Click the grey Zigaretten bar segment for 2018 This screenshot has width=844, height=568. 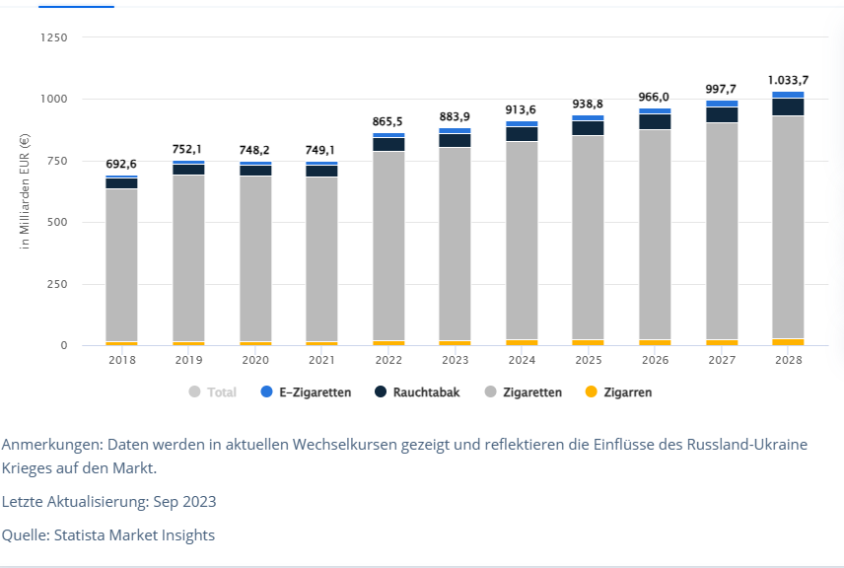(121, 264)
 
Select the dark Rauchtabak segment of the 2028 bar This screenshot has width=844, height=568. (787, 106)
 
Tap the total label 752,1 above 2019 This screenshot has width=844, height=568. (188, 149)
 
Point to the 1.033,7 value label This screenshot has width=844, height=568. (787, 80)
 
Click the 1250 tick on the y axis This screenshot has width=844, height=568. (54, 37)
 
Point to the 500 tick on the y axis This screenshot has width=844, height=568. (58, 222)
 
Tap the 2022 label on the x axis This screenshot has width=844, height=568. (388, 361)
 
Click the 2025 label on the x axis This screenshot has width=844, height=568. (588, 361)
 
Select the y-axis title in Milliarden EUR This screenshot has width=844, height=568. (25, 191)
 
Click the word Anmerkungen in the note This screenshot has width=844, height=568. (50, 444)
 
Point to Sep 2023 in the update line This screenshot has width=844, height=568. (183, 502)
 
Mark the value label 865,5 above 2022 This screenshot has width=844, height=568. (388, 121)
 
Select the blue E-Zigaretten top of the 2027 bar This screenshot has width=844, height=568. (721, 104)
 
